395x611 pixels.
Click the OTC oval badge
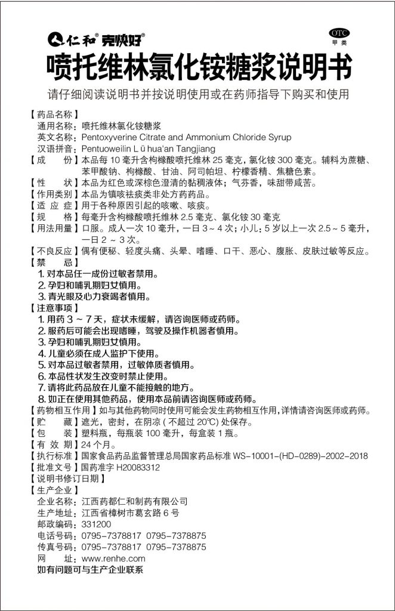click(x=338, y=32)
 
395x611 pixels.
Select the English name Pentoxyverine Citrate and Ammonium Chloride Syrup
click(x=178, y=137)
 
